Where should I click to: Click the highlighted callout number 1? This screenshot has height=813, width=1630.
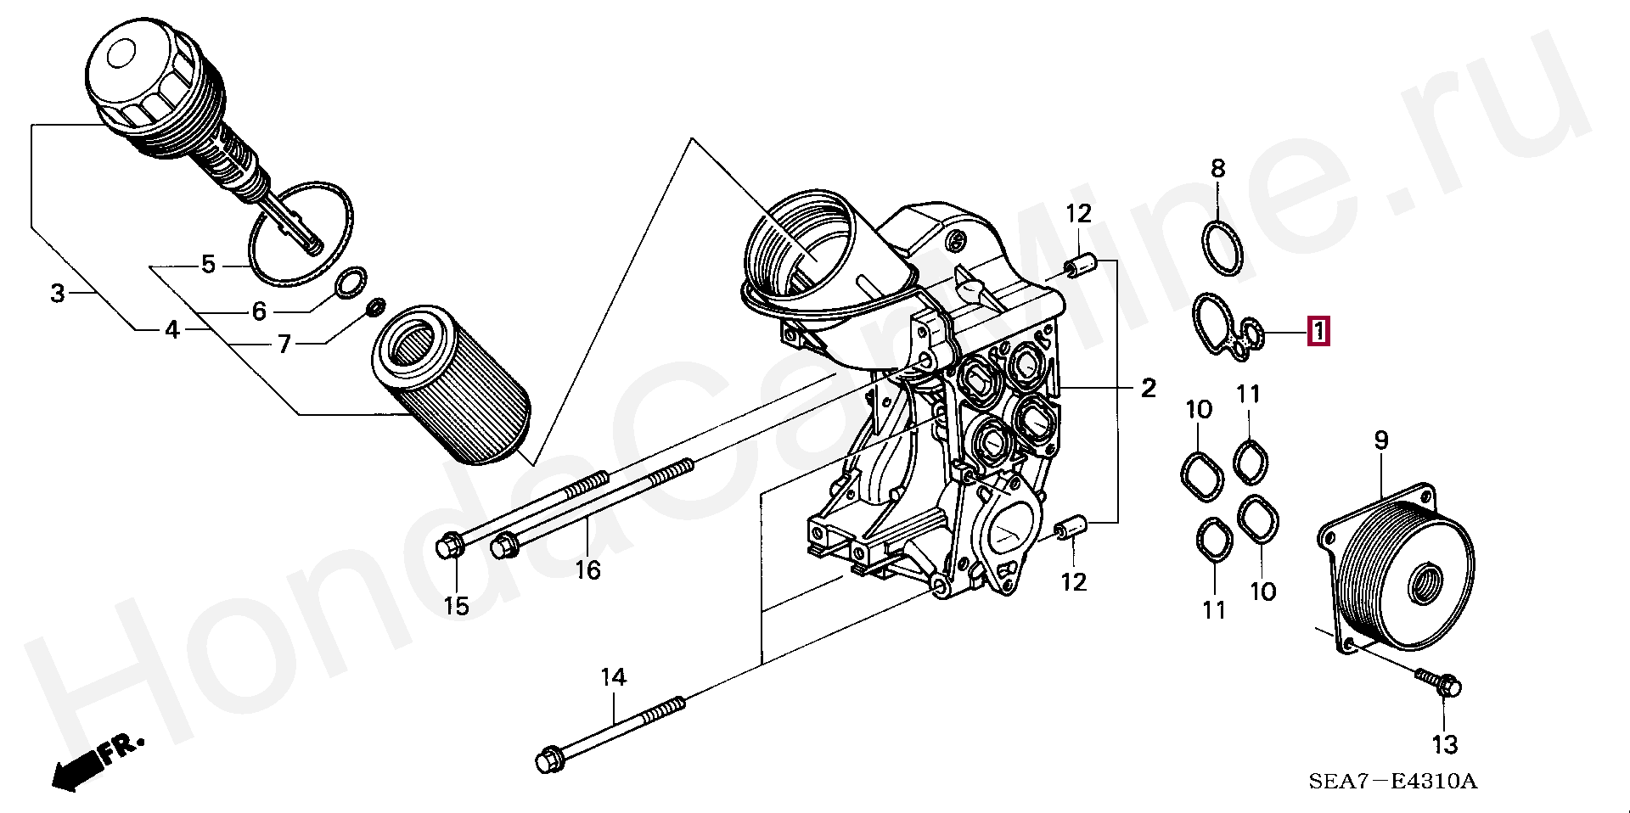pos(1318,332)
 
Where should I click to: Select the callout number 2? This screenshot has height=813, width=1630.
pos(1148,388)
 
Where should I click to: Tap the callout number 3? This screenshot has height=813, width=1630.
pos(57,294)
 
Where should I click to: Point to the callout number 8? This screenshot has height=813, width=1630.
pos(1218,168)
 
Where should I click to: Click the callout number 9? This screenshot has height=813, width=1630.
pos(1381,440)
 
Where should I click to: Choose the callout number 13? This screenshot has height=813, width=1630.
pos(1444,745)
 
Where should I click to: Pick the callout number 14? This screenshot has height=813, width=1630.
pos(613,677)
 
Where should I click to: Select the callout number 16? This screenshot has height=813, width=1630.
pos(587,569)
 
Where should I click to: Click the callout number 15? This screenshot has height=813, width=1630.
pos(457,607)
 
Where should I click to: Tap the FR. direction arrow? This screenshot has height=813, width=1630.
pos(93,761)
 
